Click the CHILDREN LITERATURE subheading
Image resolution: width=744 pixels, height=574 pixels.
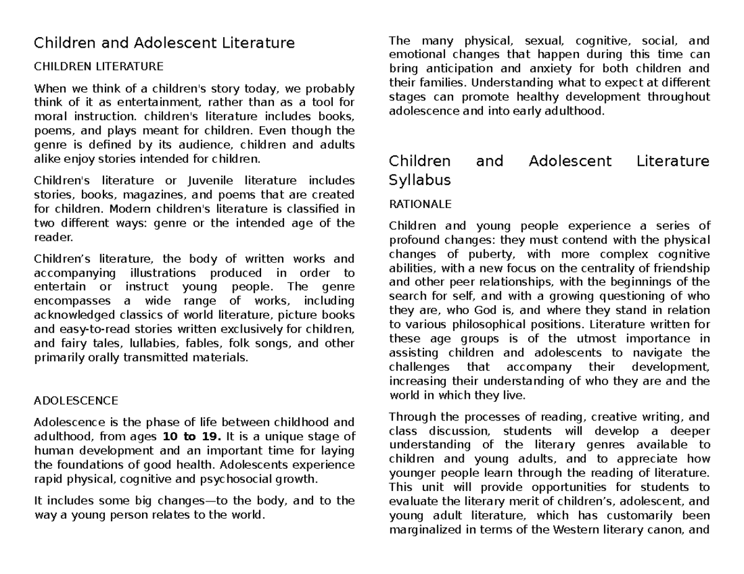pyautogui.click(x=98, y=66)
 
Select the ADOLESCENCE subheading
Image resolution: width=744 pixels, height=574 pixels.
pyautogui.click(x=76, y=400)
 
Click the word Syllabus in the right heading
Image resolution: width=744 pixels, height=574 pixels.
pyautogui.click(x=419, y=180)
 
